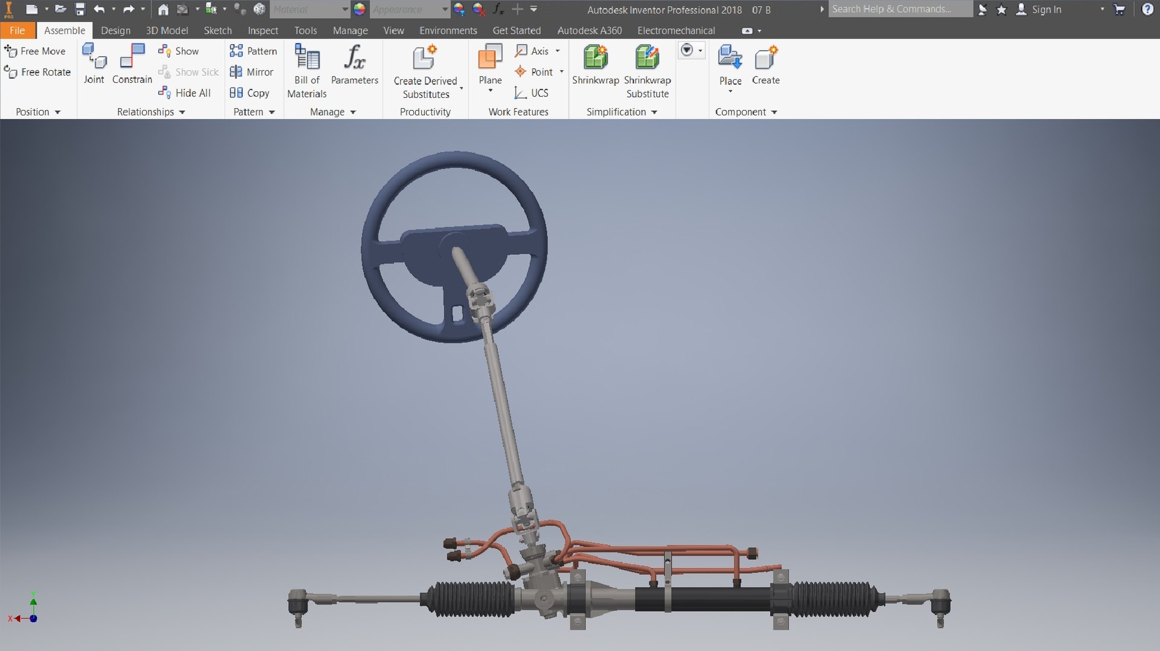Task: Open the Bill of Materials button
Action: [307, 71]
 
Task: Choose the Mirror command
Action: [252, 72]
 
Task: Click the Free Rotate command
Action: [37, 72]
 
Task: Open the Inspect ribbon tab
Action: [263, 30]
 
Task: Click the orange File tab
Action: [17, 30]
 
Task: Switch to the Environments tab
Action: [448, 30]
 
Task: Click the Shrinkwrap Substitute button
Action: [647, 71]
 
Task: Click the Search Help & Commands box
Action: [900, 9]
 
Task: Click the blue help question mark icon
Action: [1147, 10]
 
